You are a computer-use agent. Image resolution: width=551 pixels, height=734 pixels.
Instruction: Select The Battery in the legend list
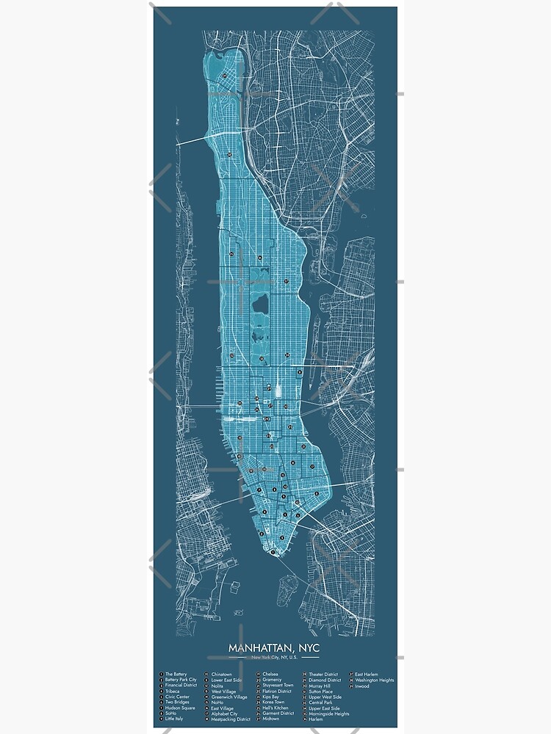pos(176,674)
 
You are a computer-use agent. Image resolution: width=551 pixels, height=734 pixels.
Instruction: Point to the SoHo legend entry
pos(172,713)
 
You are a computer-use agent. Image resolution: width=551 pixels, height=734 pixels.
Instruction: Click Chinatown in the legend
pos(221,674)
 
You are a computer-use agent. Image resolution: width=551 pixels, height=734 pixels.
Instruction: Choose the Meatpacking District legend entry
pos(231,719)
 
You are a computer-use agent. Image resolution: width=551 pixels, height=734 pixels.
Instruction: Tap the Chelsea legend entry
pos(270,674)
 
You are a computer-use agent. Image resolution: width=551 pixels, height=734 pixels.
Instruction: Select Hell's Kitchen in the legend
pos(273,708)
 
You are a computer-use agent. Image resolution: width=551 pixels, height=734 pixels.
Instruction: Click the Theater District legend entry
pos(323,674)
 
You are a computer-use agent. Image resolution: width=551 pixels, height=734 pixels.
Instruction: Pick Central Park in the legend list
pos(321,702)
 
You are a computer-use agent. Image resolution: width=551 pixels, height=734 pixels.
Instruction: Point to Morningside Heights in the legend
pos(328,713)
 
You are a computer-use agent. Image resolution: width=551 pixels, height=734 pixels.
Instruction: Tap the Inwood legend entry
pos(362,686)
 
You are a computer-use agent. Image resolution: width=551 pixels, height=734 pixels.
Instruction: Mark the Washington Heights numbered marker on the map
pos(230,154)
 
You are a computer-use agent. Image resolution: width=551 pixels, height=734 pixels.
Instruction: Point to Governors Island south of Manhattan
pos(289,585)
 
